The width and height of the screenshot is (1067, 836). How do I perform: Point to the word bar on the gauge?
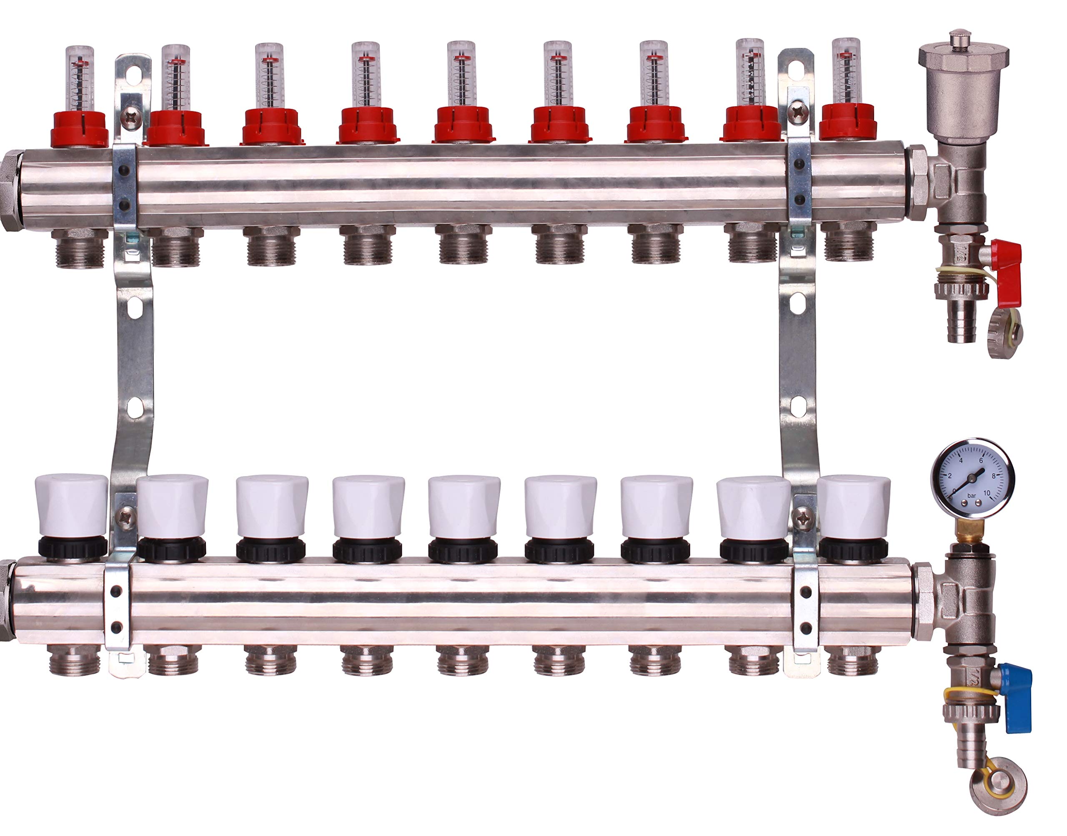[x=972, y=496]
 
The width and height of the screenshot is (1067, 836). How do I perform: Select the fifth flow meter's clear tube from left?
[x=461, y=73]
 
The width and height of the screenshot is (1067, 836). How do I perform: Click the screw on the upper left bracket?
[x=131, y=117]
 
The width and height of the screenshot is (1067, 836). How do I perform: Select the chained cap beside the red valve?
[x=1005, y=335]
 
